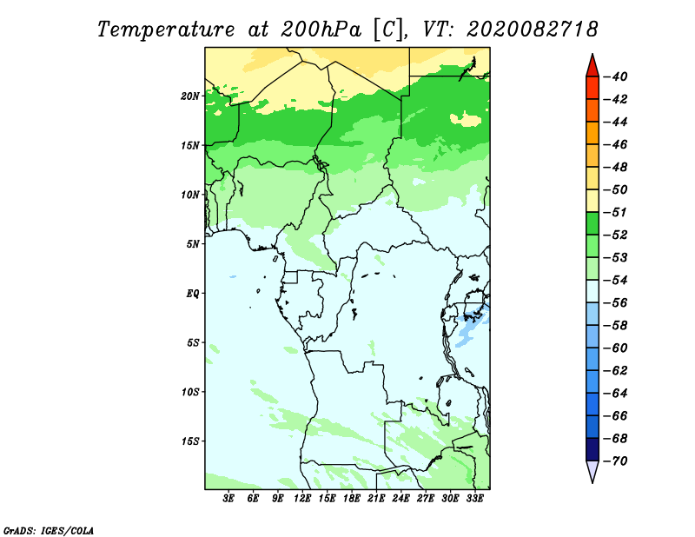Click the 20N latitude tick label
pyautogui.click(x=190, y=96)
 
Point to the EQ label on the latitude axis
pyautogui.click(x=193, y=294)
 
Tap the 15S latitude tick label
pyautogui.click(x=190, y=441)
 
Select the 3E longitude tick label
pyautogui.click(x=228, y=499)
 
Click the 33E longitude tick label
pyautogui.click(x=474, y=499)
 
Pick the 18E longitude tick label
pyautogui.click(x=352, y=499)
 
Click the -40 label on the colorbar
pyautogui.click(x=615, y=76)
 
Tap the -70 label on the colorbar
pyautogui.click(x=615, y=461)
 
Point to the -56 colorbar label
pyautogui.click(x=615, y=303)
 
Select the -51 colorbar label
pyautogui.click(x=615, y=212)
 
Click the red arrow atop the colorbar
pyautogui.click(x=592, y=66)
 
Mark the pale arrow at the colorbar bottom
pyautogui.click(x=592, y=472)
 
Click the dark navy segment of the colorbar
pyautogui.click(x=592, y=449)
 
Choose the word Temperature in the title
pyautogui.click(x=165, y=30)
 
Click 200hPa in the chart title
pyautogui.click(x=321, y=30)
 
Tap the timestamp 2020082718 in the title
pyautogui.click(x=533, y=30)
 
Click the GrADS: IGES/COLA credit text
pyautogui.click(x=49, y=530)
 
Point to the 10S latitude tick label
pyautogui.click(x=190, y=392)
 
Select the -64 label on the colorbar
pyautogui.click(x=615, y=394)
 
